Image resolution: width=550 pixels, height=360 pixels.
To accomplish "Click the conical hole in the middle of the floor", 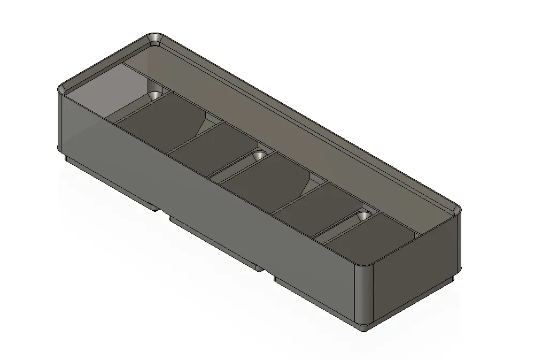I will click(259, 155).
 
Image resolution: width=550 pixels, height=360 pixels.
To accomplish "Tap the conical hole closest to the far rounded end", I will click(156, 95).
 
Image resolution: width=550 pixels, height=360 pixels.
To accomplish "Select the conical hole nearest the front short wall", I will click(364, 216).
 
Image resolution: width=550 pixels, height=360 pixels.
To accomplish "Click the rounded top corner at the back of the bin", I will click(156, 39).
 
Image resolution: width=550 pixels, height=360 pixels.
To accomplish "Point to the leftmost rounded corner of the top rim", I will click(63, 89).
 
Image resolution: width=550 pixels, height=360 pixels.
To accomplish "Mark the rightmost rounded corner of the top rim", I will click(455, 210).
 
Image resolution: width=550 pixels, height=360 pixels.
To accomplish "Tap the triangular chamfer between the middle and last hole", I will click(308, 185).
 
